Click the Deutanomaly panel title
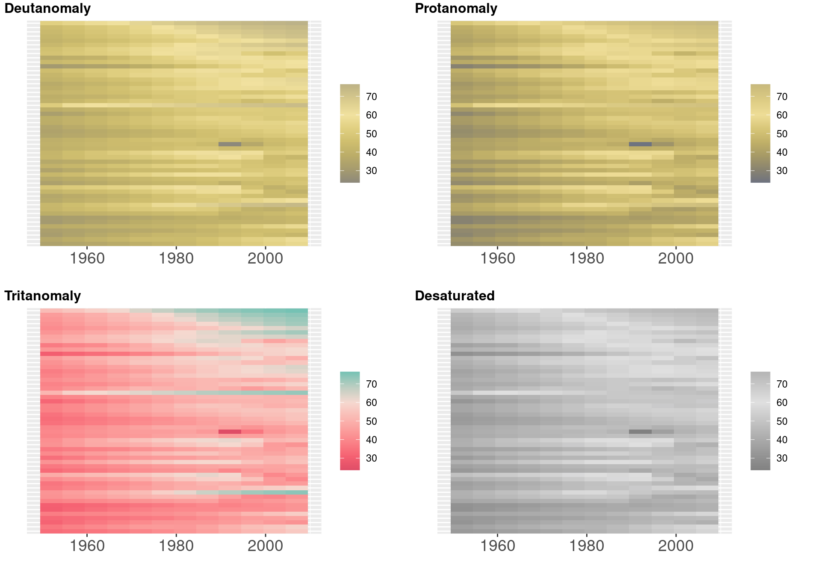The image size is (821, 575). pos(47,9)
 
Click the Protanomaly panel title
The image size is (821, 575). pos(456,9)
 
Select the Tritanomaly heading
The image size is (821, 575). pos(42,296)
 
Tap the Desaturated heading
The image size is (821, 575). pos(455,296)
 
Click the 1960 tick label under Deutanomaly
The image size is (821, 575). pos(87,258)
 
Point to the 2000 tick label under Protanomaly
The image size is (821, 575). pos(676,258)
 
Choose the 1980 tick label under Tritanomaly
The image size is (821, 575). pos(176,546)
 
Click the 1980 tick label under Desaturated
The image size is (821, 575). pos(587,546)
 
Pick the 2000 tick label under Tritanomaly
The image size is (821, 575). pos(265,546)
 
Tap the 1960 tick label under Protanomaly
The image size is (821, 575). pos(497,258)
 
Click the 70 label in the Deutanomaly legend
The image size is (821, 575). pos(372,97)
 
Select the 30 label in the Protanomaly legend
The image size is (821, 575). pos(782,171)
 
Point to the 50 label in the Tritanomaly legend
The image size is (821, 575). pos(372,421)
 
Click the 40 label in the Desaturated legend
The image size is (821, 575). pos(782,440)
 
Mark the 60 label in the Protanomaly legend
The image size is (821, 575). pos(782,115)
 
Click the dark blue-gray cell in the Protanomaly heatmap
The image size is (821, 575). pos(640,144)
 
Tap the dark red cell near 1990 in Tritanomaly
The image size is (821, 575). pos(230,432)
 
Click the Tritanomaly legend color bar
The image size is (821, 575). pos(350,421)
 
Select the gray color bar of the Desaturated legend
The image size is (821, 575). pos(760,421)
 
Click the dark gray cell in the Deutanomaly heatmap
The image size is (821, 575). pos(230,144)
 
